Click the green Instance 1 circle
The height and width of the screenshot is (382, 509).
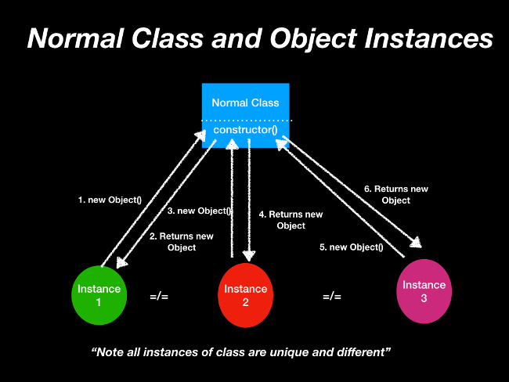coord(99,295)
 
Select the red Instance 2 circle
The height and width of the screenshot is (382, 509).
coord(246,296)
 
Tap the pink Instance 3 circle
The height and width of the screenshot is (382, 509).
coord(424,291)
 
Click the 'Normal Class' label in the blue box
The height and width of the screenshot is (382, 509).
coord(245,103)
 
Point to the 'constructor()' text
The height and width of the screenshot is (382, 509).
coord(245,129)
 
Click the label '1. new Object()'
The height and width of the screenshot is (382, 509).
coord(110,200)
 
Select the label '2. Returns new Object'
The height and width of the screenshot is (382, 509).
coord(182,242)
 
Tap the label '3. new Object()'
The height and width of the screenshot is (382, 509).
coord(199,211)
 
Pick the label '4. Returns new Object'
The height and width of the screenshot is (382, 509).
coord(291,220)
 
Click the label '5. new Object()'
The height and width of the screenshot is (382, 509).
coord(351,247)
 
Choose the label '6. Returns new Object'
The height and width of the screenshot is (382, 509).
coord(396,194)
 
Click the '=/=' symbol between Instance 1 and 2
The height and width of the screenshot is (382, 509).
coord(159,297)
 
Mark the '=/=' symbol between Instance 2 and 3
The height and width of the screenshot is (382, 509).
coord(332,297)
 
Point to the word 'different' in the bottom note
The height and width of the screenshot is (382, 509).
coord(362,352)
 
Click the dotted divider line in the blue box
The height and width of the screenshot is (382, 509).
coord(245,120)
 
